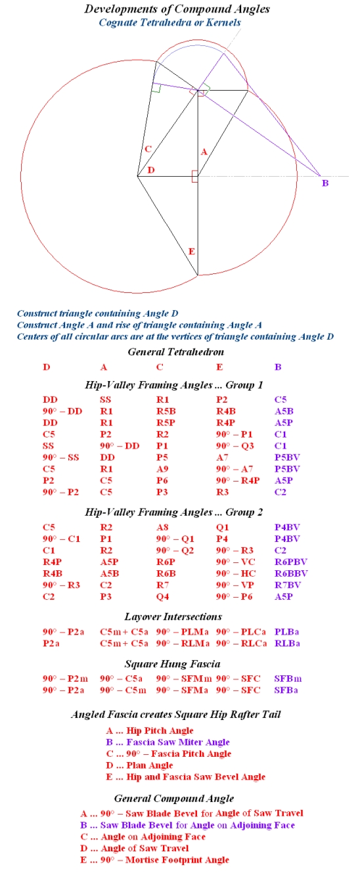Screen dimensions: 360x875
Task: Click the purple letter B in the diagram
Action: tap(325, 183)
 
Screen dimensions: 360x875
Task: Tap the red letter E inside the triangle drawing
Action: tap(191, 252)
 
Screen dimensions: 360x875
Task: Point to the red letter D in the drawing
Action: tap(151, 171)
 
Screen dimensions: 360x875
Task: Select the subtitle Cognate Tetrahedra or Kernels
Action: tap(169, 22)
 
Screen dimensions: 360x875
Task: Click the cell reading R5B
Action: tap(166, 411)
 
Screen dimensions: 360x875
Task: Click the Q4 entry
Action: tap(162, 596)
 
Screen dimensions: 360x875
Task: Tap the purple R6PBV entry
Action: tap(291, 562)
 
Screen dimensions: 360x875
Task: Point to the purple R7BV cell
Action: tap(287, 585)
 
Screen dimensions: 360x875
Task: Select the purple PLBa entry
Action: tap(287, 632)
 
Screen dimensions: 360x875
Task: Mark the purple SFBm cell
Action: tap(287, 679)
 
